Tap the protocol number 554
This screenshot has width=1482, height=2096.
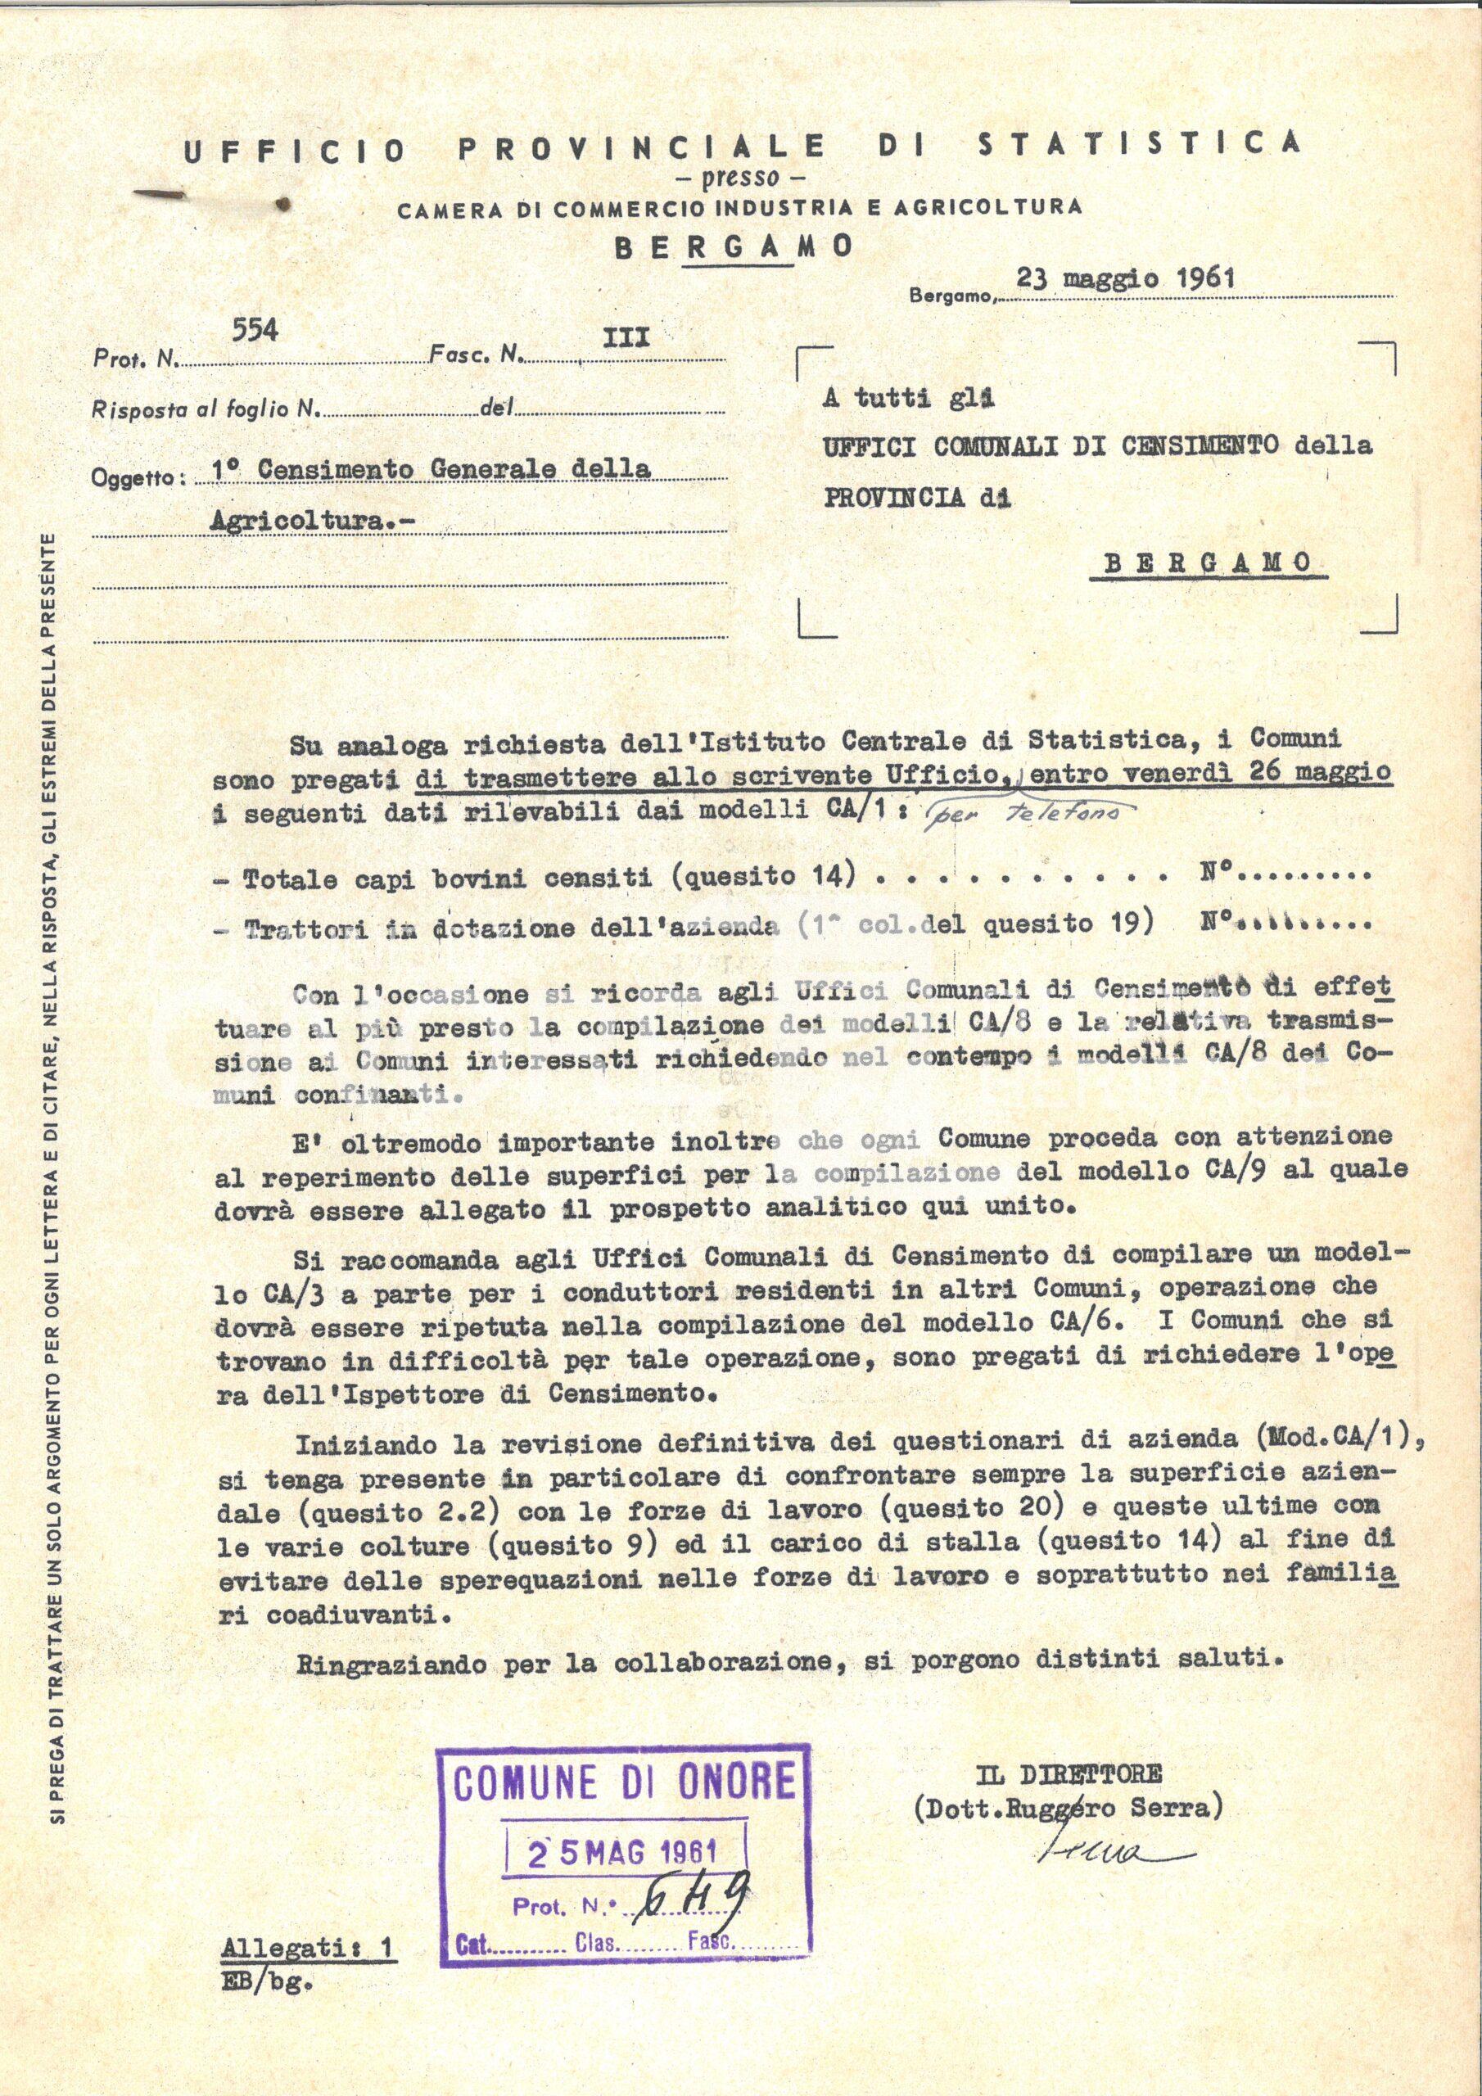pyautogui.click(x=255, y=332)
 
